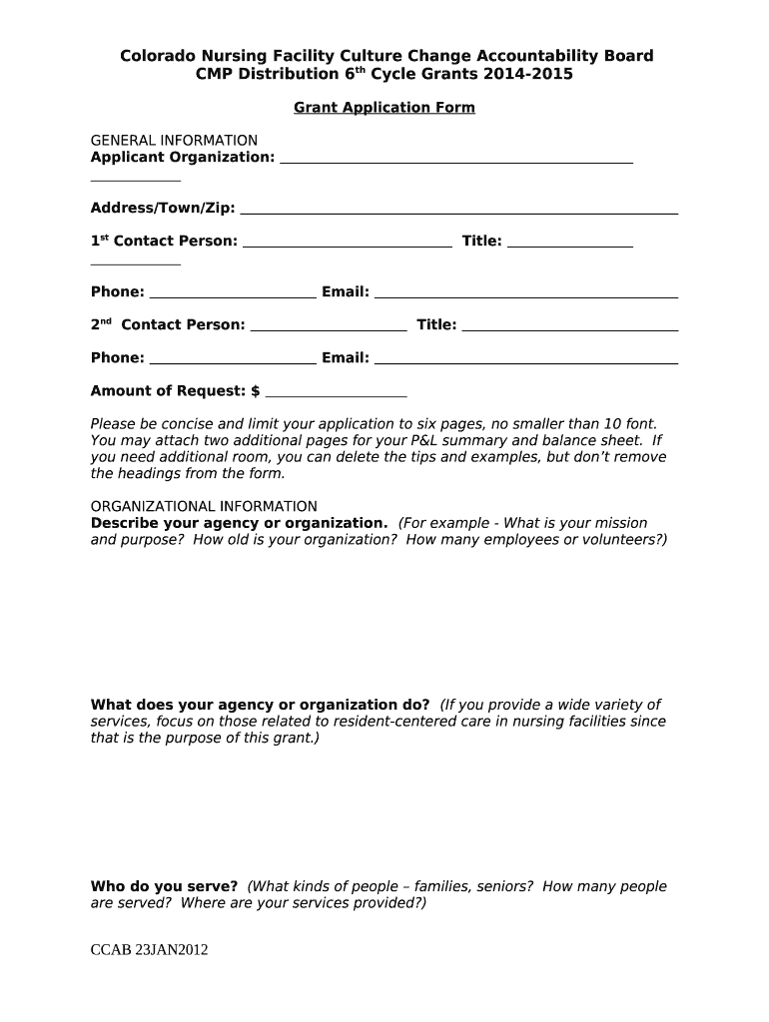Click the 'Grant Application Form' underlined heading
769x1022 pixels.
pos(384,108)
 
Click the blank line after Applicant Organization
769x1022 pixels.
pos(455,160)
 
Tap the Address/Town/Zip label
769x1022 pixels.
pos(163,208)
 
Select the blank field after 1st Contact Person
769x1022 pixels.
pos(347,244)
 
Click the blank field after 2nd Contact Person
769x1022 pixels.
pos(328,327)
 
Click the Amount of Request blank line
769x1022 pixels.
pos(336,394)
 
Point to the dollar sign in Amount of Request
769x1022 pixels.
pos(256,391)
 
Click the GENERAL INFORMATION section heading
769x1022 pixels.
pos(174,141)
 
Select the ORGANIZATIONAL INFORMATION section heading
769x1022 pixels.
pos(204,506)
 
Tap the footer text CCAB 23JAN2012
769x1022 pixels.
pos(149,950)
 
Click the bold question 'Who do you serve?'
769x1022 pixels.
pos(164,886)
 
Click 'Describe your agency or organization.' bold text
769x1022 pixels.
pos(239,523)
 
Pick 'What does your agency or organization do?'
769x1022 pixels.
pos(261,705)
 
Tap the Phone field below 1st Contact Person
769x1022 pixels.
pos(232,295)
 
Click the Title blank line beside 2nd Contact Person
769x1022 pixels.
pos(570,327)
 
